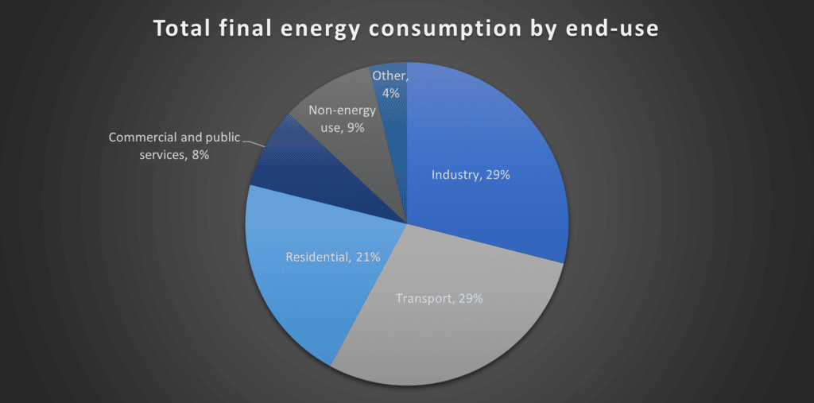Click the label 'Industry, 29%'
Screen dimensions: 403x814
(470, 175)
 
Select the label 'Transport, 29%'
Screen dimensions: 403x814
(439, 299)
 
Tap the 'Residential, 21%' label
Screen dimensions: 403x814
(333, 257)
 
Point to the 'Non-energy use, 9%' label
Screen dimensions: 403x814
(343, 118)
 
